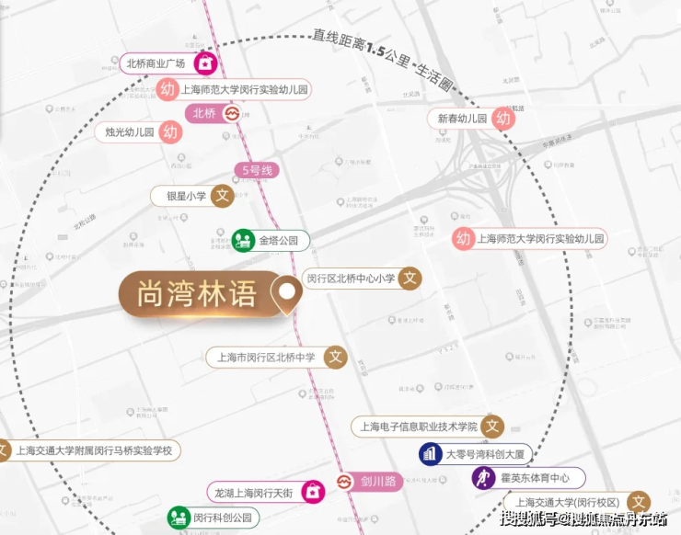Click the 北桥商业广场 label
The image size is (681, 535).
point(156,63)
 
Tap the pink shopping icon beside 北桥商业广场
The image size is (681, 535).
point(207,63)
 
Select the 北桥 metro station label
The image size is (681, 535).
point(203,113)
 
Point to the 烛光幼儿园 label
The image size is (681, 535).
point(128,131)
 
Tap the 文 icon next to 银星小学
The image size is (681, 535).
point(222,196)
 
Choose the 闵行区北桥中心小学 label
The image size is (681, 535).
point(351,278)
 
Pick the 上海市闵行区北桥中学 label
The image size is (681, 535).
point(265,357)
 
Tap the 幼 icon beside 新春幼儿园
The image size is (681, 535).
point(502,118)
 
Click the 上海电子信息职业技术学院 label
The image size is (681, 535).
point(418,427)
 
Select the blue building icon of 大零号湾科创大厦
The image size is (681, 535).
point(429,453)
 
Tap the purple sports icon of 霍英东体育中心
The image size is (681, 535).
point(483,477)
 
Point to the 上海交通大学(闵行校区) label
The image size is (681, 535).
point(566,502)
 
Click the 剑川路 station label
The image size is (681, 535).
point(377,481)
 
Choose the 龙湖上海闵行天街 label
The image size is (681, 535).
point(256,491)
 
